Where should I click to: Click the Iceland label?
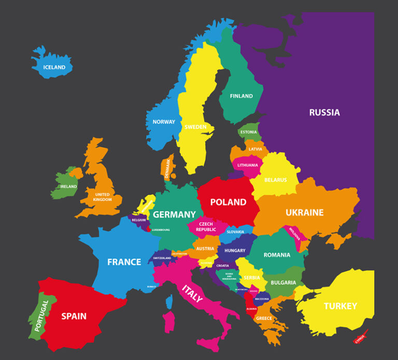[54, 67]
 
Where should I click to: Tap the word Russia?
[324, 112]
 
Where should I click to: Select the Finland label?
[241, 96]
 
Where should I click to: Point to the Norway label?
[164, 122]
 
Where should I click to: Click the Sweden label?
[195, 127]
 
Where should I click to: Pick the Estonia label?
[249, 132]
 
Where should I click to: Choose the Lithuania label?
[248, 165]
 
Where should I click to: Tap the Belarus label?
[276, 180]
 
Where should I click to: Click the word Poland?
[228, 202]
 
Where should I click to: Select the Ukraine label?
[304, 212]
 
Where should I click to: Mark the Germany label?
[174, 214]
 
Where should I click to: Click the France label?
[124, 261]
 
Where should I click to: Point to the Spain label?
[74, 315]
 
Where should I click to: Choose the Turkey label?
[340, 306]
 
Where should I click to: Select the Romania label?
[277, 255]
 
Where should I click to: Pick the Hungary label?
[235, 251]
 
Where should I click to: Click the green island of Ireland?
[65, 184]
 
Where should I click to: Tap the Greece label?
[264, 318]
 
